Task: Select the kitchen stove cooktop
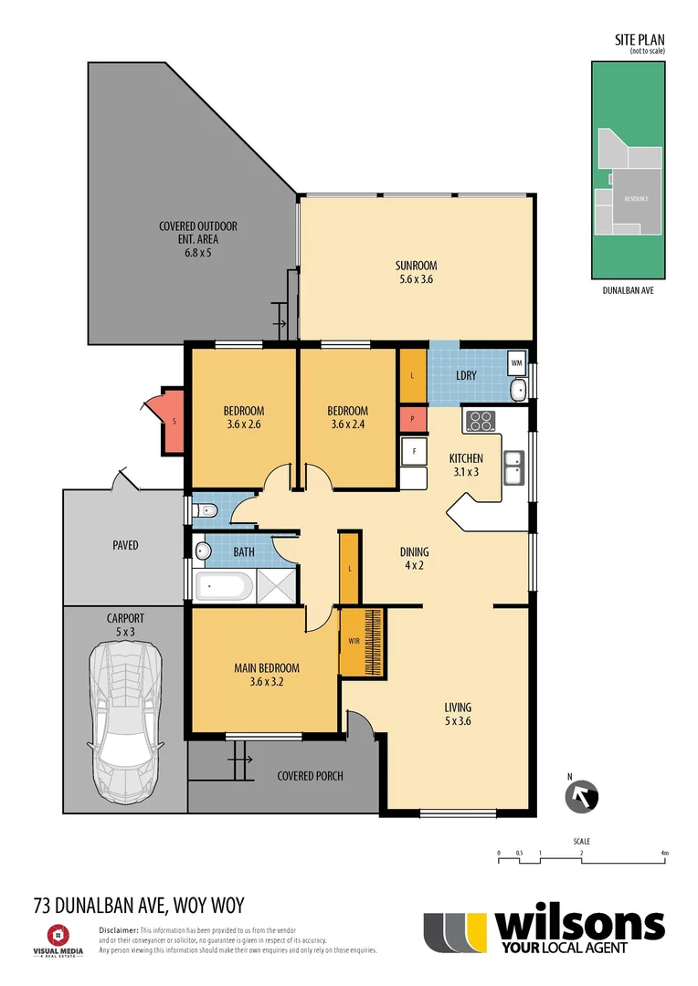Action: [x=480, y=422]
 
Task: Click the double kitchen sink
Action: [x=515, y=470]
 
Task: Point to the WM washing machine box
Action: [x=516, y=363]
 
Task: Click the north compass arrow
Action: [x=581, y=795]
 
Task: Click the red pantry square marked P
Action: [x=413, y=420]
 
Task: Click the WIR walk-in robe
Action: [x=354, y=641]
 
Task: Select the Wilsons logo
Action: [x=545, y=932]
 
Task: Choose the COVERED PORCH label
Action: [x=310, y=776]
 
